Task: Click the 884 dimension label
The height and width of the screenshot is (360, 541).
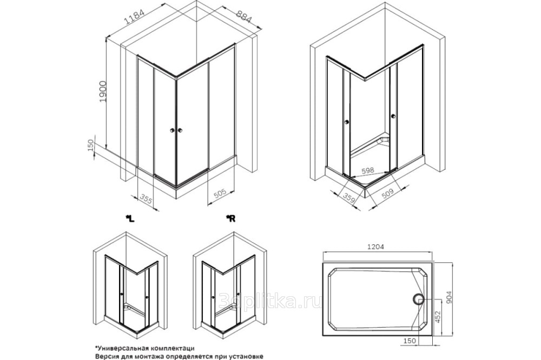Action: click(x=245, y=17)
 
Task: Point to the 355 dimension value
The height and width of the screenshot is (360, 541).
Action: click(x=146, y=199)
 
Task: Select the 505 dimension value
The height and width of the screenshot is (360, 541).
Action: click(x=220, y=194)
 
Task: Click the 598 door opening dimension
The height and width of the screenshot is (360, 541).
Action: click(x=368, y=170)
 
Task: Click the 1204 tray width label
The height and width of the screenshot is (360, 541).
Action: click(x=375, y=247)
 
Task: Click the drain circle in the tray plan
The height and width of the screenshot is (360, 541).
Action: click(x=418, y=299)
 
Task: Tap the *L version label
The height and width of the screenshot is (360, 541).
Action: click(x=130, y=218)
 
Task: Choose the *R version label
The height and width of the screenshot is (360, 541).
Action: click(x=230, y=218)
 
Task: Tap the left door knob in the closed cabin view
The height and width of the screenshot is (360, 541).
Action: click(x=171, y=131)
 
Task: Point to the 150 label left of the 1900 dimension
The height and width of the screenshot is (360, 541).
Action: click(x=91, y=145)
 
